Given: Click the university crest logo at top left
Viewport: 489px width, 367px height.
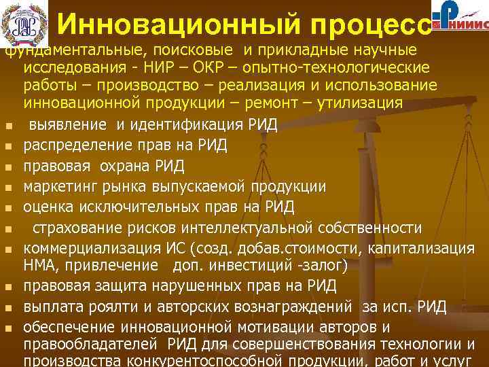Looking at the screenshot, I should point(25,25).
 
